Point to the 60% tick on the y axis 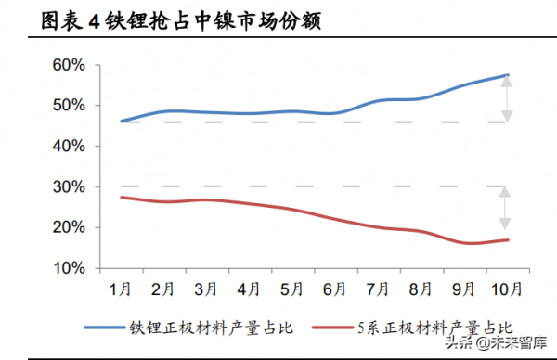point(71,65)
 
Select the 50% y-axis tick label point(71,106)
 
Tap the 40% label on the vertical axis point(71,147)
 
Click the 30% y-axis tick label point(71,187)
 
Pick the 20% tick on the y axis point(71,228)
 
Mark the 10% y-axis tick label point(71,268)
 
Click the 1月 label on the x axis point(121,289)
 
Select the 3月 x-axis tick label point(206,289)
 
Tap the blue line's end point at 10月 point(507,75)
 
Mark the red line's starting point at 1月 point(121,198)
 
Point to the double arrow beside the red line point(506,208)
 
